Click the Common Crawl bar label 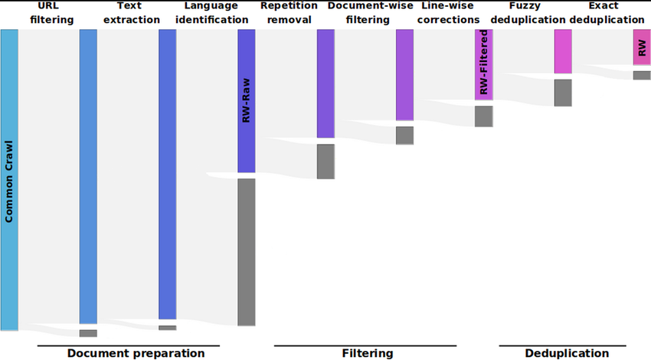9,182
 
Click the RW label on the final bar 642,48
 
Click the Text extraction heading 131,13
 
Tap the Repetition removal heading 286,13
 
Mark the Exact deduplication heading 607,13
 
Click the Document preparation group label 136,353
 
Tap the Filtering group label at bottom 367,353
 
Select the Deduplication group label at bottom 567,353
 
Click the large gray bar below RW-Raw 246,252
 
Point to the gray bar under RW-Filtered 483,116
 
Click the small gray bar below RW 642,75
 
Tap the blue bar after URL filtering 88,176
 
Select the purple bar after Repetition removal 325,84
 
